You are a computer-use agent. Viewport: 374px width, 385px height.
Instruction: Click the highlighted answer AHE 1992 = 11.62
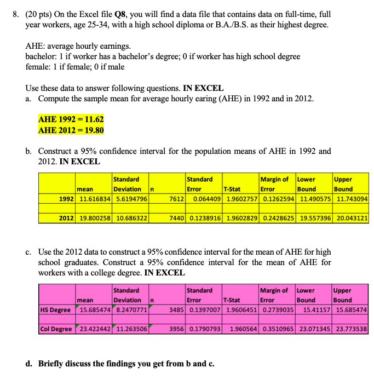[71, 119]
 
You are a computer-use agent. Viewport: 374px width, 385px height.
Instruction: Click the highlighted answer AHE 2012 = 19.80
[71, 130]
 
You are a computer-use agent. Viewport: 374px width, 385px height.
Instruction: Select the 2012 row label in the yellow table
[66, 218]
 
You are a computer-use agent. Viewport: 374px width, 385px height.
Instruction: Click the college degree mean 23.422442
[94, 329]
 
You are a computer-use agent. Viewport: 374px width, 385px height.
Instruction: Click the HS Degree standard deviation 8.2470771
[130, 310]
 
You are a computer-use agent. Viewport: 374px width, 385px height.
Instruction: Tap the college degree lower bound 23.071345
[314, 329]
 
